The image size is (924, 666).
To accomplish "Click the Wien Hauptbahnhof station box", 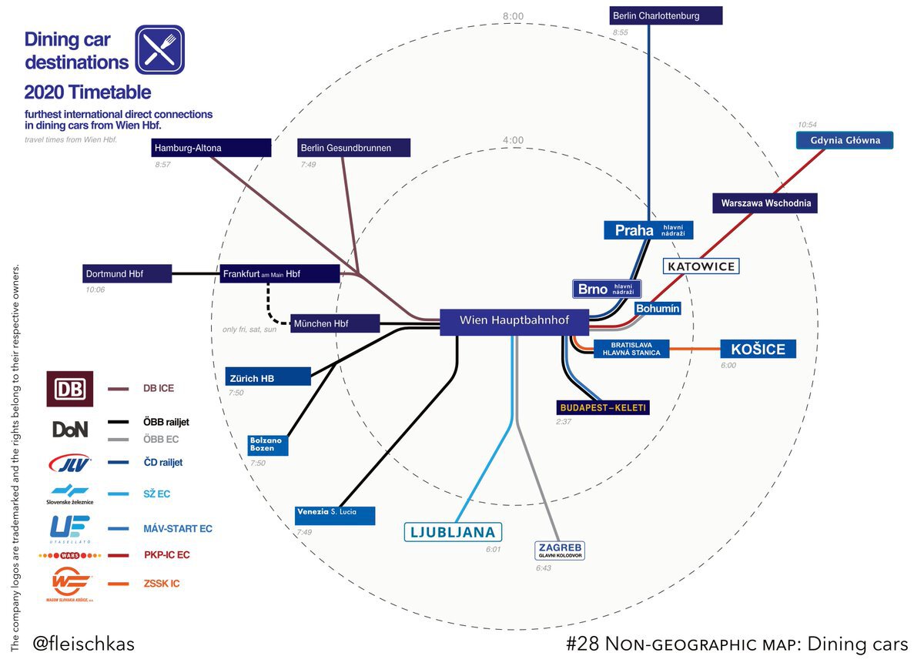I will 514,321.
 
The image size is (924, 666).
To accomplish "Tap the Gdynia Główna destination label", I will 845,141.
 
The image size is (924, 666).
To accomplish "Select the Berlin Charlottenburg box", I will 665,15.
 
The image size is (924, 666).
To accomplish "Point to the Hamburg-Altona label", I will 211,148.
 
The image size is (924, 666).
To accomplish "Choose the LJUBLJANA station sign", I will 453,532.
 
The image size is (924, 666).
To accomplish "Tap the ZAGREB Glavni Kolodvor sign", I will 561,550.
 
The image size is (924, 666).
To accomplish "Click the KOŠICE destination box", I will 758,349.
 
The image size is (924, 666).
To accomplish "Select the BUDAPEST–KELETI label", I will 603,407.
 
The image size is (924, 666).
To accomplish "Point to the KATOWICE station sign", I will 701,266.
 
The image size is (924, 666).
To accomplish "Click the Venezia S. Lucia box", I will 335,514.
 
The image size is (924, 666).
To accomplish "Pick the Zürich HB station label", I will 267,377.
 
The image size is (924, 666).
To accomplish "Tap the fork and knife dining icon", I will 159,49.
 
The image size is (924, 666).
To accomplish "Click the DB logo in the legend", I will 70,389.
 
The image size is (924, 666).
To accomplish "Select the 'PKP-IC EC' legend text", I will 166,554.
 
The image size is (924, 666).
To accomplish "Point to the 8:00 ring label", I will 512,16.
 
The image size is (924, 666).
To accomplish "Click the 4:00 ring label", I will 512,140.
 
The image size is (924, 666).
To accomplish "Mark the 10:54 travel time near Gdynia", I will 807,125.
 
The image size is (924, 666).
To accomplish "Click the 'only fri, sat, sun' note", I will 249,330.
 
